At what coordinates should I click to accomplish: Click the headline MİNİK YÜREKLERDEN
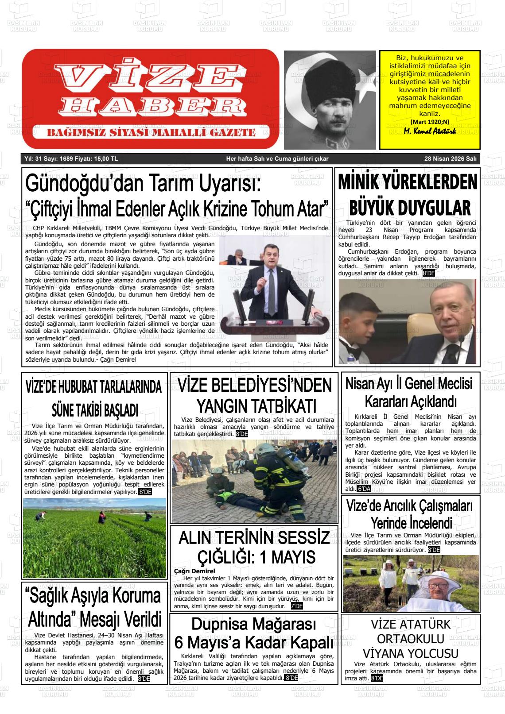pos(407,183)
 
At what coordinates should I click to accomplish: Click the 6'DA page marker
pos(364,489)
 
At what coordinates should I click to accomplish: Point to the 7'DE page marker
pos(297,606)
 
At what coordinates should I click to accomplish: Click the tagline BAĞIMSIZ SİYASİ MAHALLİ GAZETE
pos(151,132)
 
